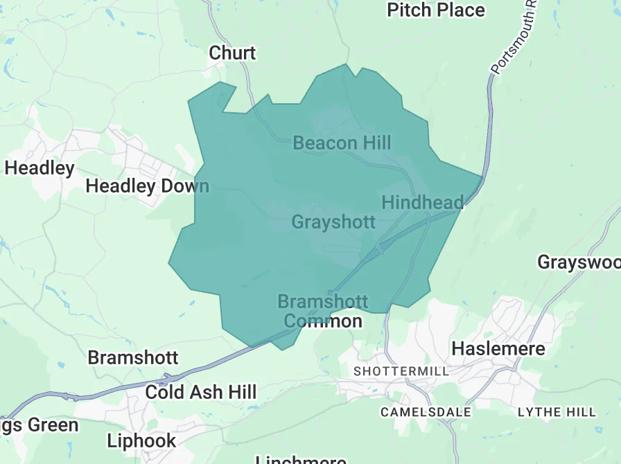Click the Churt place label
(233, 53)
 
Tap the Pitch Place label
(436, 10)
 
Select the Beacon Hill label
(342, 143)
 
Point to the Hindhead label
(422, 202)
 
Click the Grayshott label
(333, 222)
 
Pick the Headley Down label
(147, 186)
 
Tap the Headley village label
(40, 168)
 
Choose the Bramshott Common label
(323, 312)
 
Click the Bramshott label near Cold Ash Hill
(133, 358)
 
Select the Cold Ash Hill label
(201, 392)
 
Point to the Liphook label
(141, 440)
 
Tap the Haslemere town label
(498, 348)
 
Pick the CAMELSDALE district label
(426, 412)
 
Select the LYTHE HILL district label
(557, 412)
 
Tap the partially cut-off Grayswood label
(579, 263)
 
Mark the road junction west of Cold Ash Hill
(167, 380)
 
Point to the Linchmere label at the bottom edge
(301, 460)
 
